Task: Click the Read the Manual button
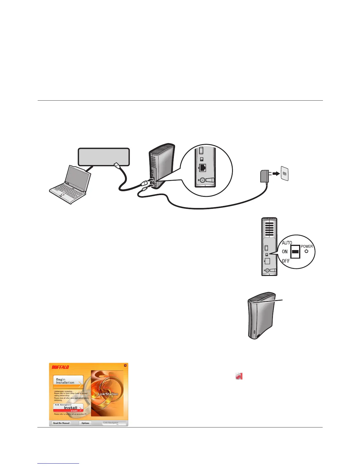point(61,423)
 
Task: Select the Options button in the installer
point(85,423)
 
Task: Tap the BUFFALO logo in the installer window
point(60,367)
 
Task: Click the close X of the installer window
point(125,365)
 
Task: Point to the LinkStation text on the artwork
point(108,394)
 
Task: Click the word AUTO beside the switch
point(287,243)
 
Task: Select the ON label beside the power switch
point(285,252)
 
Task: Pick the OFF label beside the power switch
point(286,261)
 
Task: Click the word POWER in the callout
point(307,247)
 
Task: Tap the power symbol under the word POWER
point(306,251)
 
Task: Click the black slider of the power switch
point(295,252)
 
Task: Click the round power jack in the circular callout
point(202,181)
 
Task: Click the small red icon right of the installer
point(239,376)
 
